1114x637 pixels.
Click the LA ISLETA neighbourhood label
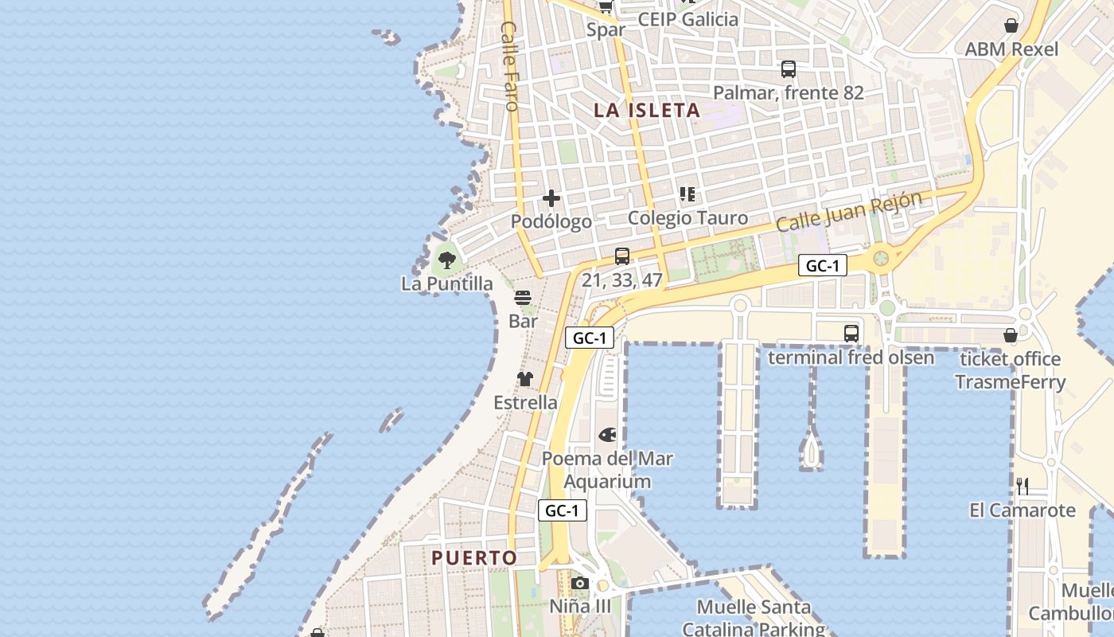(x=647, y=111)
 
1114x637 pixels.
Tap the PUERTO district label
(x=474, y=558)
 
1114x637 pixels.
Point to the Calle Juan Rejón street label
(x=849, y=211)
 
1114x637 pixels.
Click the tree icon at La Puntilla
(x=447, y=259)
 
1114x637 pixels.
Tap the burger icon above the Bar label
(x=523, y=298)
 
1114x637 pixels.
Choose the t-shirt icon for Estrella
(x=525, y=378)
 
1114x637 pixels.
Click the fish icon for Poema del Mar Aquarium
(x=607, y=435)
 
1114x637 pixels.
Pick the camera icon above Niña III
(x=580, y=583)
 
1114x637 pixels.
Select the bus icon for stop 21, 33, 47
(x=622, y=256)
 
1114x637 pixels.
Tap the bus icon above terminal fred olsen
(x=851, y=333)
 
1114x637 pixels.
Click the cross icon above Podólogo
(x=551, y=198)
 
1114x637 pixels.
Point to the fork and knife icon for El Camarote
(x=1022, y=486)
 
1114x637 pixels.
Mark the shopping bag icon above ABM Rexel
(x=1011, y=25)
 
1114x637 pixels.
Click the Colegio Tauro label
(x=687, y=218)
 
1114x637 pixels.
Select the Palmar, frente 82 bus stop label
(x=788, y=93)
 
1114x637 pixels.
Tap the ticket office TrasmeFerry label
(x=1010, y=370)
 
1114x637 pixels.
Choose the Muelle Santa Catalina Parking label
(x=754, y=618)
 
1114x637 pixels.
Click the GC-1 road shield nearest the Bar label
(x=590, y=338)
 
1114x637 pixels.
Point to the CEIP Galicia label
(x=688, y=19)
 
